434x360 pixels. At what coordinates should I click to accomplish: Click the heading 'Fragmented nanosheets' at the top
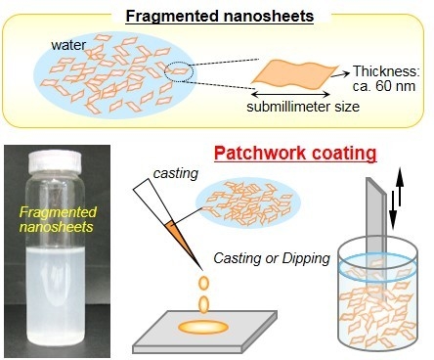[x=220, y=17]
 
